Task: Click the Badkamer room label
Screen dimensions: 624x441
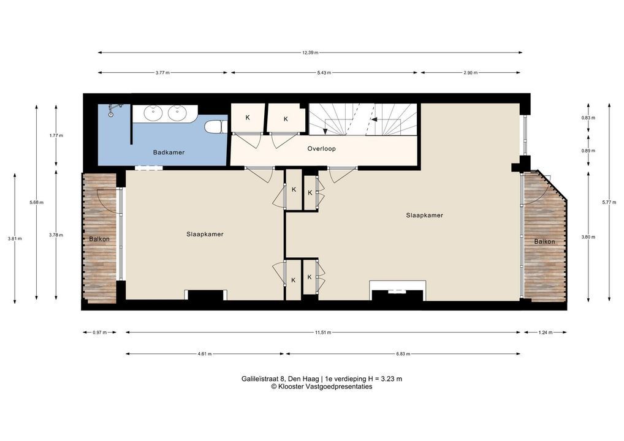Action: pos(169,153)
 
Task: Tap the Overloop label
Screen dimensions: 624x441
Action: pos(322,149)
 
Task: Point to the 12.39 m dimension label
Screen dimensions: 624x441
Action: pos(310,53)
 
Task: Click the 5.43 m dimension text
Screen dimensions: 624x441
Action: pos(324,73)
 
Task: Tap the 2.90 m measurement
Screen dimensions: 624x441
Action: pos(470,73)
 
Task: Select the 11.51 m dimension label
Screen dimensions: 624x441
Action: pos(323,333)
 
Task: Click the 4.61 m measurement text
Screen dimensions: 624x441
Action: pos(205,353)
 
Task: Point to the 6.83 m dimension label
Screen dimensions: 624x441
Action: pos(403,353)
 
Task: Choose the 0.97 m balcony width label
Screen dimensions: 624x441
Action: pos(100,333)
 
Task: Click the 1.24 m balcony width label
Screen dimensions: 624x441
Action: pos(545,333)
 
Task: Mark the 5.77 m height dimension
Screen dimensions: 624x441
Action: pos(609,202)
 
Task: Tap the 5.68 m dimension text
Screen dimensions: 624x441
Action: pos(37,202)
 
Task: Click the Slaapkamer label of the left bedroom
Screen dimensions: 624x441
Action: pos(205,234)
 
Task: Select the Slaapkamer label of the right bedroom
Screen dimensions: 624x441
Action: pos(425,215)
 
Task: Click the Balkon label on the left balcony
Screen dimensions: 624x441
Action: pos(99,239)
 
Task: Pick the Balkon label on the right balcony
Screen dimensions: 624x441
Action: pos(544,241)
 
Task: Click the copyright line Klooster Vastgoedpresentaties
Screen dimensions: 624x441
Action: pos(322,386)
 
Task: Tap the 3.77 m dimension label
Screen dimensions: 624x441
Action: pos(162,73)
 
